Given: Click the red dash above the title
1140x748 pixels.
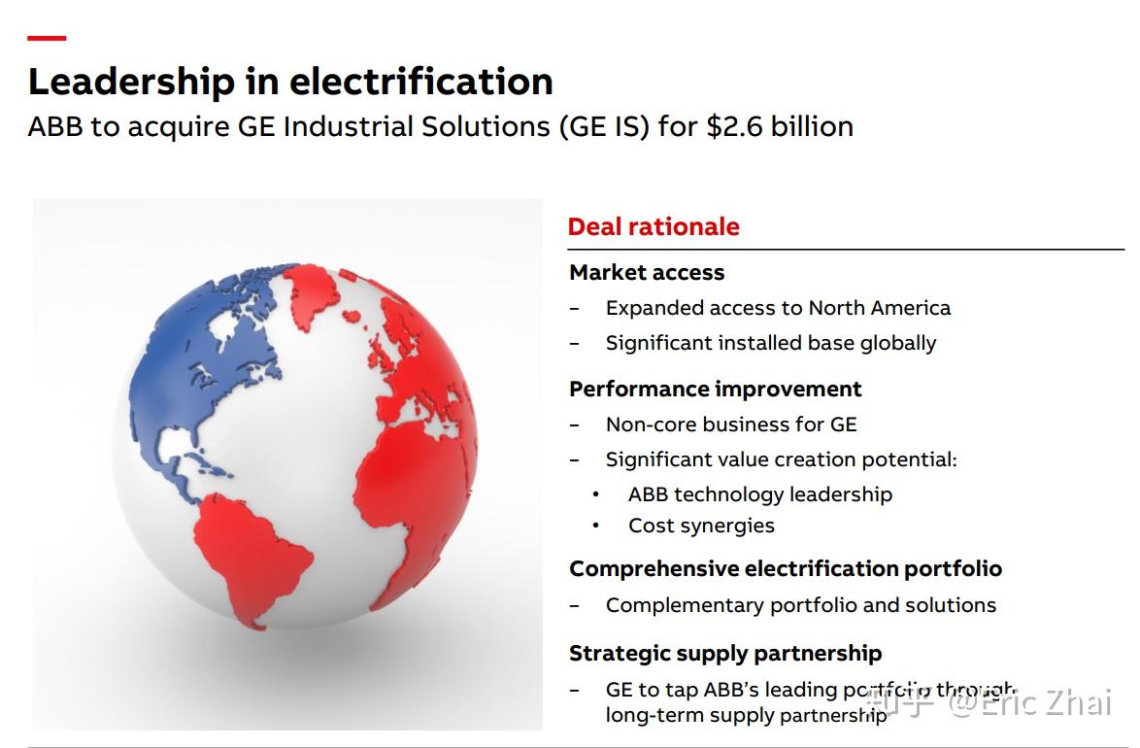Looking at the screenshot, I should pyautogui.click(x=47, y=38).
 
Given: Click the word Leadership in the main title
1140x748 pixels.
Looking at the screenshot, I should pyautogui.click(x=131, y=82).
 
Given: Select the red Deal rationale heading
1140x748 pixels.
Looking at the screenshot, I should pyautogui.click(x=654, y=226).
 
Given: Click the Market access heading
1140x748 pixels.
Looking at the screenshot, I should pyautogui.click(x=647, y=273).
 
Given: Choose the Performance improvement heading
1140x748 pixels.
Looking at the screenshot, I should pyautogui.click(x=715, y=390).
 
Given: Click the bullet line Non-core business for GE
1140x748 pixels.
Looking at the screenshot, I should pyautogui.click(x=731, y=425).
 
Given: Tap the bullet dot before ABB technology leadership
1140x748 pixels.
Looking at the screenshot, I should pyautogui.click(x=596, y=495).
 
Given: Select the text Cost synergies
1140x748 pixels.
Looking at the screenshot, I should pyautogui.click(x=701, y=526).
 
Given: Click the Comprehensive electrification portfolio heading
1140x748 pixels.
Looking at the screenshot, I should pyautogui.click(x=785, y=568).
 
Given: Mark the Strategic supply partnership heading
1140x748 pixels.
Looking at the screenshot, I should pyautogui.click(x=725, y=653).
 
